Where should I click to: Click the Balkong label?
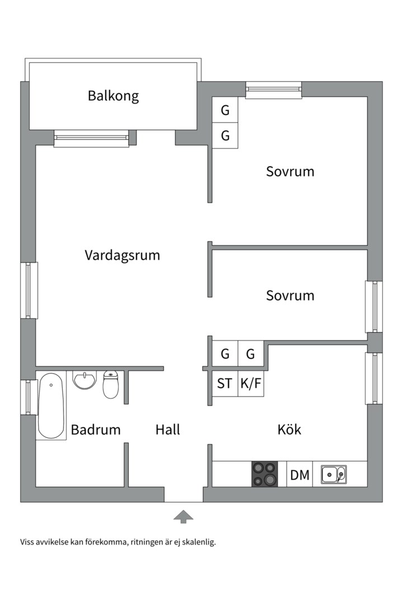pos(113,96)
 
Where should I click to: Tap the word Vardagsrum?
pos(122,255)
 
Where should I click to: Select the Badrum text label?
pos(96,430)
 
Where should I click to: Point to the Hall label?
pos(168,430)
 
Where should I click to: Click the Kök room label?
pos(289,430)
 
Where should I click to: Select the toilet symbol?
pos(111,384)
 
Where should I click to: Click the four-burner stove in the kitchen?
pos(265,474)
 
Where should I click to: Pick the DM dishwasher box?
pos(300,476)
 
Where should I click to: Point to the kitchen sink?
pos(334,474)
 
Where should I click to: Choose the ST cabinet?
pos(224,384)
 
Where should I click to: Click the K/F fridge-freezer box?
pos(250,384)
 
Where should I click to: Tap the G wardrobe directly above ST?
pos(225,354)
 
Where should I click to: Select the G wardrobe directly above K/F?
pos(250,354)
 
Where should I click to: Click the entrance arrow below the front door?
pos(183,516)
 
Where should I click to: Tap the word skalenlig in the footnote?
pos(198,542)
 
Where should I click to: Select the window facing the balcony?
pos(91,138)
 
